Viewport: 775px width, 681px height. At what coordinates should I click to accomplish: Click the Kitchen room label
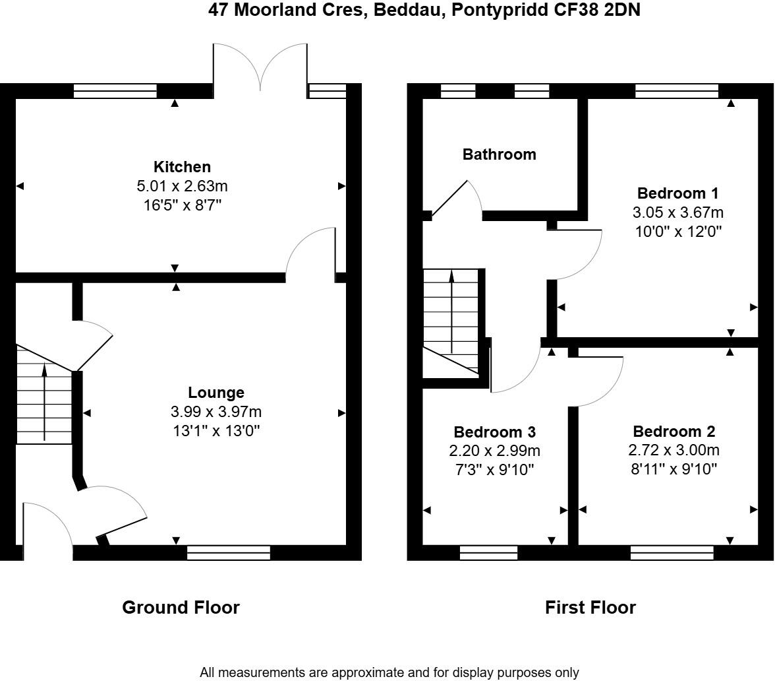click(x=182, y=167)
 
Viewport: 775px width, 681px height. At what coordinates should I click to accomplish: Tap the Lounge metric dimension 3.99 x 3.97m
click(x=216, y=412)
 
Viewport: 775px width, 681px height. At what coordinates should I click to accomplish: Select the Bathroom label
click(x=499, y=154)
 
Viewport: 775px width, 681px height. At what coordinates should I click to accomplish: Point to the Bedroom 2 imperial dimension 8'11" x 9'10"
click(x=674, y=469)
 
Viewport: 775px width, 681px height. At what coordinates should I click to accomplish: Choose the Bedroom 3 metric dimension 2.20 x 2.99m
click(x=494, y=451)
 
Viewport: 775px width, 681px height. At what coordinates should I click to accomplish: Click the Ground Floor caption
click(x=181, y=607)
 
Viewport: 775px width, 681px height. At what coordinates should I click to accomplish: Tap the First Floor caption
click(x=590, y=607)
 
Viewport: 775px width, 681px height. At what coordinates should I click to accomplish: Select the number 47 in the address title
click(x=219, y=10)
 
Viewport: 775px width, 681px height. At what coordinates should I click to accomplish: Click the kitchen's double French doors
click(x=260, y=67)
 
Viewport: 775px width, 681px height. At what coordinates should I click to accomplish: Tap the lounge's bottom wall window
click(x=229, y=552)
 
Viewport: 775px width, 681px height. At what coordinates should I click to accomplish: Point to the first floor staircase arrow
click(x=451, y=310)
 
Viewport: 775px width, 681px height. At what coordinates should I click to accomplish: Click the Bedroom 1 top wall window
click(x=677, y=91)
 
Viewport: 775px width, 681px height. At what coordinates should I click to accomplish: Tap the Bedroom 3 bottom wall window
click(x=488, y=552)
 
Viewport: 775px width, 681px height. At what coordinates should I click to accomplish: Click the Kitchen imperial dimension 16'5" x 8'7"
click(x=182, y=205)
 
